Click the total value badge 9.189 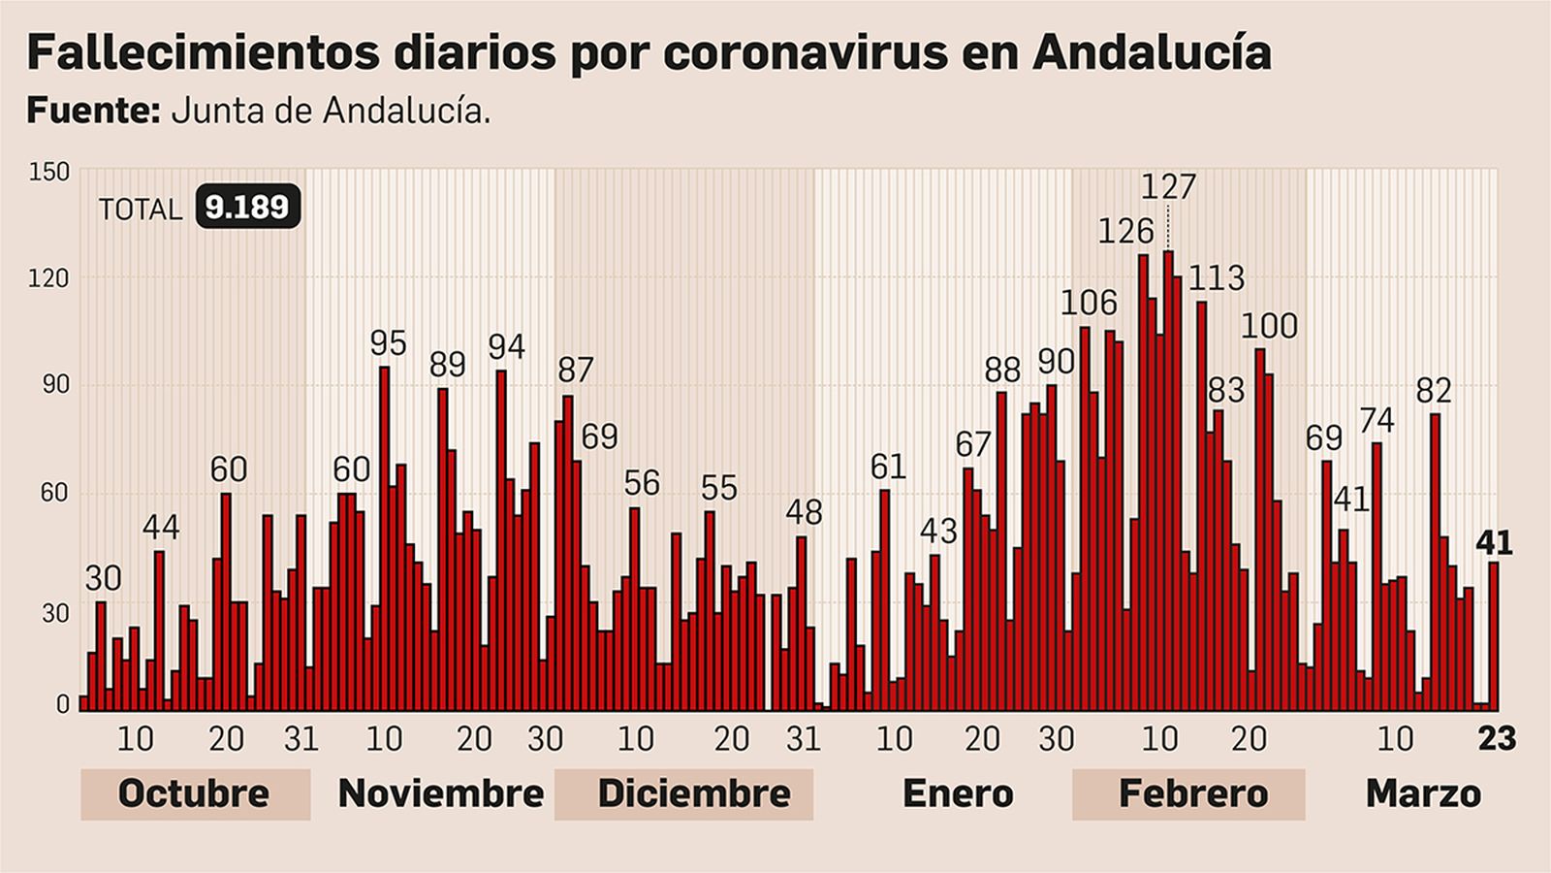(x=247, y=208)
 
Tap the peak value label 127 (x=1168, y=186)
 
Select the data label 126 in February (x=1125, y=231)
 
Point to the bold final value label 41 (x=1493, y=543)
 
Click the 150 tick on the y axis (x=49, y=173)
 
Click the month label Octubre (x=194, y=793)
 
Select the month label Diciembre (x=693, y=793)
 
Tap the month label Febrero (x=1192, y=793)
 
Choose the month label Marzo (x=1422, y=793)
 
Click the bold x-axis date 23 (x=1496, y=739)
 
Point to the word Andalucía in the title (x=1152, y=52)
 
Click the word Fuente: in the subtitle (x=92, y=111)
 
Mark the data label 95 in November (x=388, y=343)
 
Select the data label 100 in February (x=1269, y=326)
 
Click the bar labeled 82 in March (x=1435, y=563)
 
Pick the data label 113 (x=1216, y=278)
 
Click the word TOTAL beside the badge (x=140, y=210)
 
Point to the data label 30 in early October (x=103, y=579)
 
